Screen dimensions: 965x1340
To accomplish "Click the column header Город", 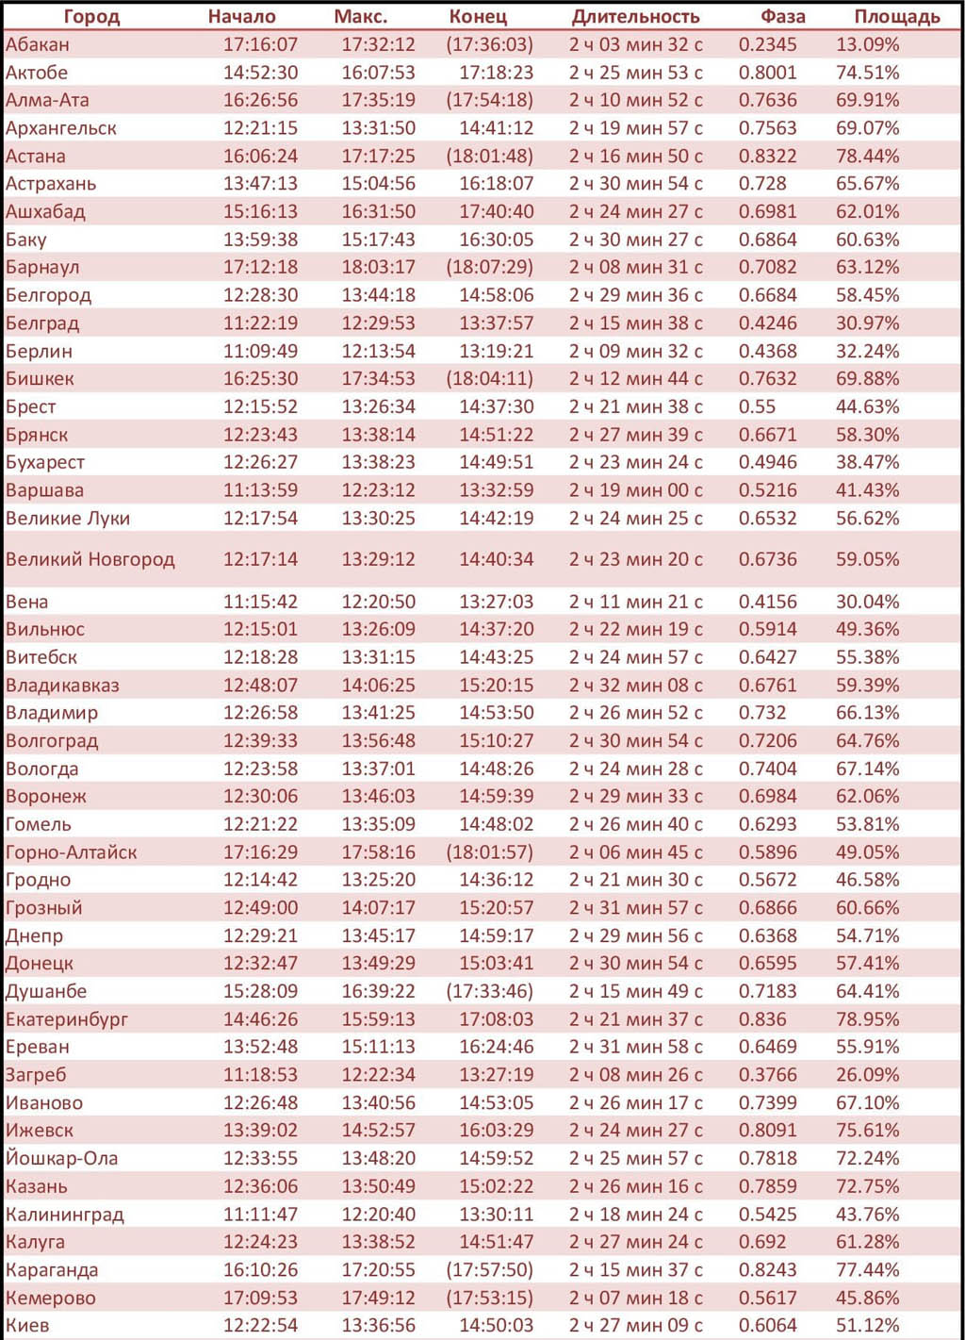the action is pos(91,17).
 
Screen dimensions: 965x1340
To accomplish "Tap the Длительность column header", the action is pos(635,17).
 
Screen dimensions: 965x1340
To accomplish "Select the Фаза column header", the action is pos(782,17).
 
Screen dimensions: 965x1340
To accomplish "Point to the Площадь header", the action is pos(897,17).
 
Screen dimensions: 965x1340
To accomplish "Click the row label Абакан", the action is pos(37,44).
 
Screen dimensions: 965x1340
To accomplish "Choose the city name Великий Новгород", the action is pos(90,559).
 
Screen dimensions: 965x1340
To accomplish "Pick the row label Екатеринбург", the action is pos(66,1019).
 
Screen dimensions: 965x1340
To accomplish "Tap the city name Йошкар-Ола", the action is pos(61,1159).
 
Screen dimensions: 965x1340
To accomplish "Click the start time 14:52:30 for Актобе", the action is pos(261,73).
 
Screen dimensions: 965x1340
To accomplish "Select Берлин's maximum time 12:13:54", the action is pos(379,351).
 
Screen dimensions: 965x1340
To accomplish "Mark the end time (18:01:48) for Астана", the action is pos(490,157).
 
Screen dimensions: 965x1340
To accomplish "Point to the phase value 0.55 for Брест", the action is pos(757,406).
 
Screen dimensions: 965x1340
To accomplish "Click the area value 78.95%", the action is pos(868,1019).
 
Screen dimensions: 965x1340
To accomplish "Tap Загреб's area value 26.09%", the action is pos(868,1075).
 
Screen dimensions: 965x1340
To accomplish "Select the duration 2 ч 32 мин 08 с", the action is pos(635,685).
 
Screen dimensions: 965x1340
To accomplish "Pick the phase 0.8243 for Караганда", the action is pos(768,1270).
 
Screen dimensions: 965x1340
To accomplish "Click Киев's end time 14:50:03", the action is pos(497,1326).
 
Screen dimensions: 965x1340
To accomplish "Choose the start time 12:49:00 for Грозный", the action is pos(261,908).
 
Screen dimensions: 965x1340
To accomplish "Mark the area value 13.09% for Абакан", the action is pos(868,44).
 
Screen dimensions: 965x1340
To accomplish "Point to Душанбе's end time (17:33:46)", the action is pos(490,991).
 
